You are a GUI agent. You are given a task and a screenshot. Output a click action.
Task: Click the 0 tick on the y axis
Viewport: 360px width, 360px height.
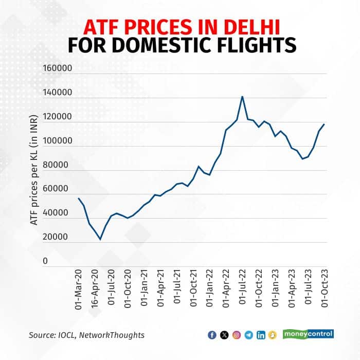(x=60, y=261)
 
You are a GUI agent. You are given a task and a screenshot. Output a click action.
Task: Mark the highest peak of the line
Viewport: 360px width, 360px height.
(x=242, y=97)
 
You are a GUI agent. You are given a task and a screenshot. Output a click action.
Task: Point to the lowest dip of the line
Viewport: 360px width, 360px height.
(x=100, y=240)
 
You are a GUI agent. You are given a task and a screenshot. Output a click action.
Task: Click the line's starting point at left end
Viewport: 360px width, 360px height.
(x=78, y=198)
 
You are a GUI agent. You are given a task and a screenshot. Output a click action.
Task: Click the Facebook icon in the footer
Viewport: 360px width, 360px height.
(x=211, y=335)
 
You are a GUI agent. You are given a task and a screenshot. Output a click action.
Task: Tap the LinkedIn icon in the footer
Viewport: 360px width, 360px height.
(x=261, y=335)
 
